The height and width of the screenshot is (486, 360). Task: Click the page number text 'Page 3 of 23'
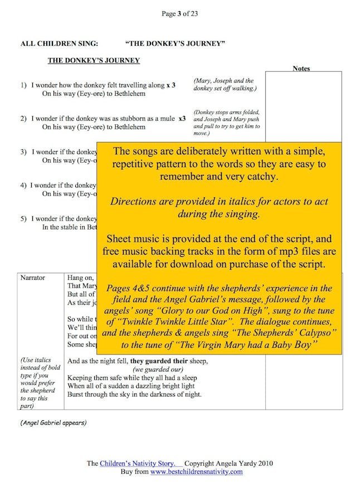tap(179, 14)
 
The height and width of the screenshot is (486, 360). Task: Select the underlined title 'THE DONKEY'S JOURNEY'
tap(94, 60)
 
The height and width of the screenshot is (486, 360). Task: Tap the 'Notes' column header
tap(301, 69)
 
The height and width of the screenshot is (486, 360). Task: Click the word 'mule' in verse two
tap(166, 119)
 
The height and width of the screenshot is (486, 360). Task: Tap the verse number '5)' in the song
tap(24, 218)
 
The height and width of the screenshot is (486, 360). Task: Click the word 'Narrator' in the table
tap(32, 277)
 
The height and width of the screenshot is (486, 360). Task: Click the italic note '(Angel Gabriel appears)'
tap(53, 422)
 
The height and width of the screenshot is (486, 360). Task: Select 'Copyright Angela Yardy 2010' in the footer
tap(228, 463)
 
